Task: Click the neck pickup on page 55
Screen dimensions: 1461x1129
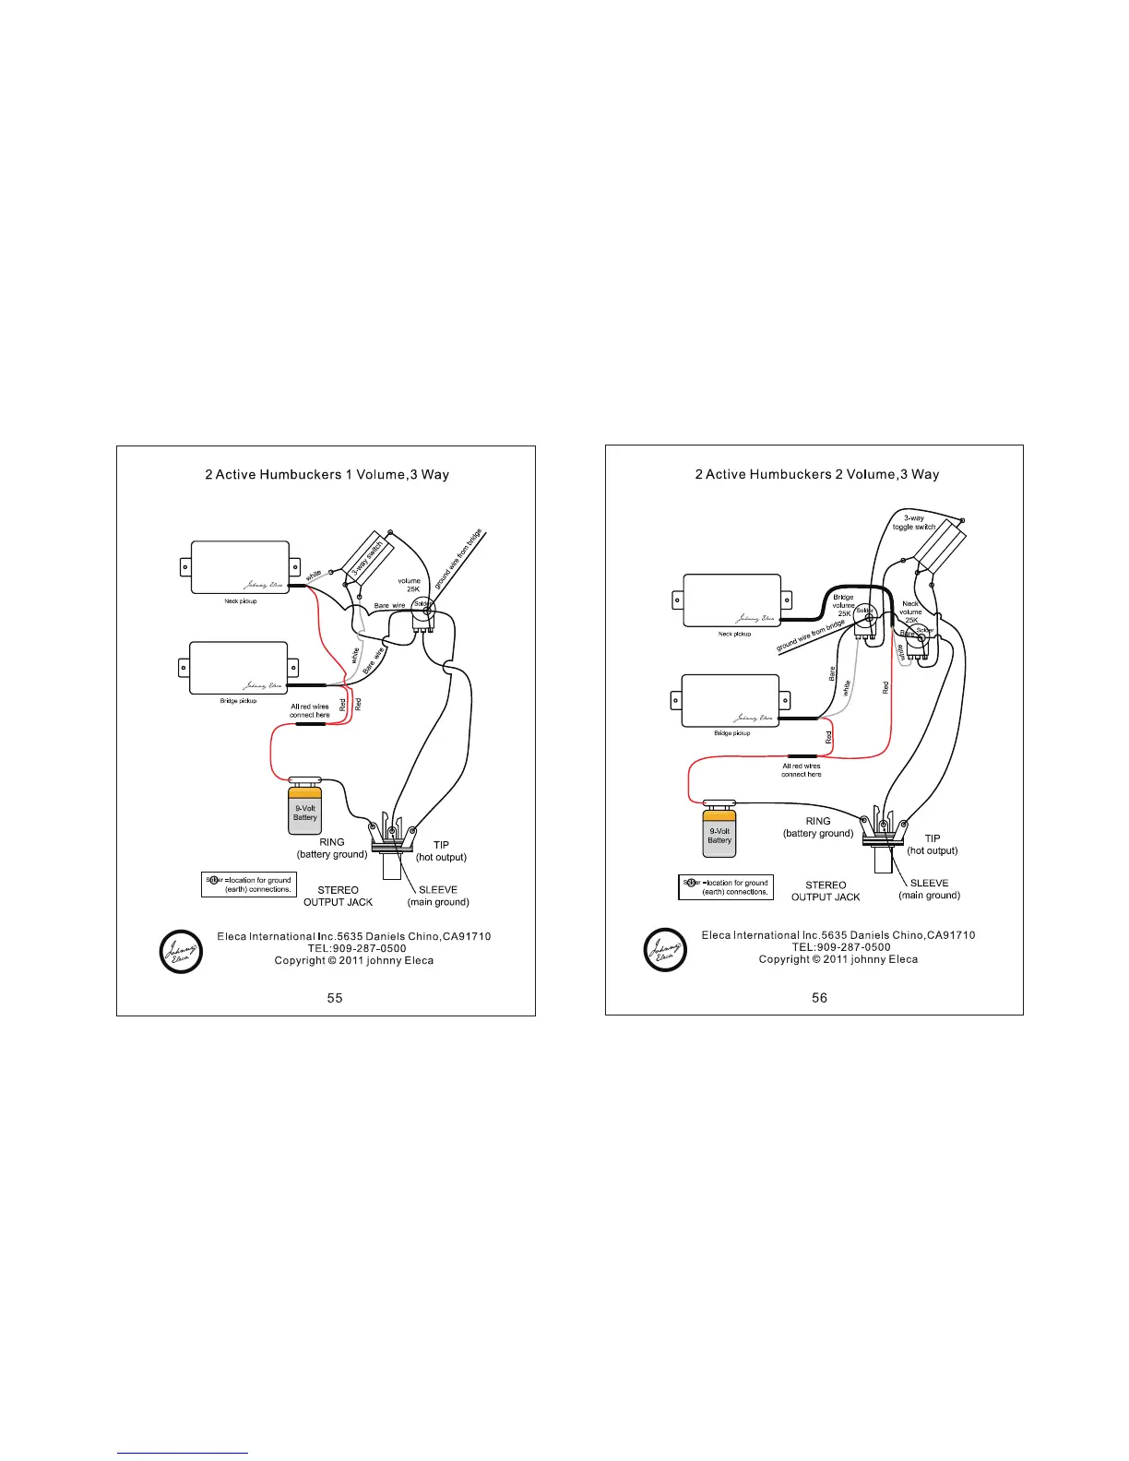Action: click(240, 567)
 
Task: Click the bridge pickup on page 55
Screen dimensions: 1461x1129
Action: click(239, 668)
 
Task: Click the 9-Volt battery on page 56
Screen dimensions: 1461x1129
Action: click(719, 833)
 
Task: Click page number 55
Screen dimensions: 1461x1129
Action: click(335, 998)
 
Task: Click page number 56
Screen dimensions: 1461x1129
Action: click(819, 998)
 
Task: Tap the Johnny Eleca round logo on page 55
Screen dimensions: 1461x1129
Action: click(181, 951)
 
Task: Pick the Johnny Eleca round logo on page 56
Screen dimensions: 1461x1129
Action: click(665, 949)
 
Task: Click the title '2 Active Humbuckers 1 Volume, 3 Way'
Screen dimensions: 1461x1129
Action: click(327, 475)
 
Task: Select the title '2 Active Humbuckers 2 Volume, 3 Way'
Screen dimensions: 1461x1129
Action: click(816, 475)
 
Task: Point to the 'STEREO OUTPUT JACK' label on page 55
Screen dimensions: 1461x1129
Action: click(338, 896)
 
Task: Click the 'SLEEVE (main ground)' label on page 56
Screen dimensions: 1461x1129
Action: click(929, 889)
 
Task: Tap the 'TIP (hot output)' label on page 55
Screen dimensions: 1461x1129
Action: click(441, 851)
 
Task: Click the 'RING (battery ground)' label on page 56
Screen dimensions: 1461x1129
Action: click(818, 827)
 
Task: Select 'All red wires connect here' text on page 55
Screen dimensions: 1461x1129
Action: click(309, 710)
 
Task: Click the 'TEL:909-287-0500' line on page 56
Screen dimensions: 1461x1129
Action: click(841, 947)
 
